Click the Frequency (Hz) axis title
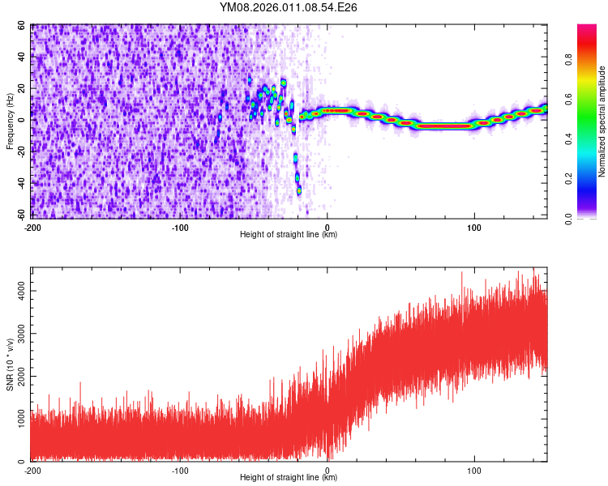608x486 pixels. click(x=10, y=121)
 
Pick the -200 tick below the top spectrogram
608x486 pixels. click(x=32, y=227)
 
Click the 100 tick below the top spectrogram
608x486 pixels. click(x=474, y=227)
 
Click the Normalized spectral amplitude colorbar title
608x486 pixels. click(x=602, y=122)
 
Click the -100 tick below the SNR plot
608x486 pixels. click(x=180, y=470)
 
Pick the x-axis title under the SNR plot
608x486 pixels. click(x=289, y=478)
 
